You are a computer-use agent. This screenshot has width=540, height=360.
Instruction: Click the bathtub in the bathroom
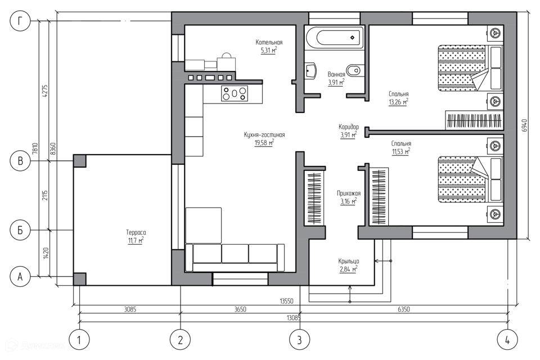point(334,38)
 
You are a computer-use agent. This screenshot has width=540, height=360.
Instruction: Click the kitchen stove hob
point(234,93)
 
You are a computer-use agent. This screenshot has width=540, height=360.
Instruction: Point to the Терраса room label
point(136,232)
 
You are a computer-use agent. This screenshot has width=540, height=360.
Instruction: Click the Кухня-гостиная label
point(264,135)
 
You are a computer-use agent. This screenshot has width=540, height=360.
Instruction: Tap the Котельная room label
point(269,42)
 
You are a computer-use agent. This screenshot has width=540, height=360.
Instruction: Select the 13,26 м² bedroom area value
point(398,102)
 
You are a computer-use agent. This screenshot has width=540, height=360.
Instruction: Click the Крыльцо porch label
point(349,261)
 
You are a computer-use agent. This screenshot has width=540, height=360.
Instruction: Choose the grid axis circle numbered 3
point(300,340)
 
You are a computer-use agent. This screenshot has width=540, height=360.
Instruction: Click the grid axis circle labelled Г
point(20,21)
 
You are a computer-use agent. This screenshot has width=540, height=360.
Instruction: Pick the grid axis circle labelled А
point(20,276)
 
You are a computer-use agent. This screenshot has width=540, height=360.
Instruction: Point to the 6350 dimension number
point(404,309)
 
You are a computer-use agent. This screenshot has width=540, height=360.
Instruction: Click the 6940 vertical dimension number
point(524,126)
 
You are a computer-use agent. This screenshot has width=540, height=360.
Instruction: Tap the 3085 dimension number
point(130,309)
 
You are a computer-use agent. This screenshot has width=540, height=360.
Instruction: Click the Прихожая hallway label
point(349,193)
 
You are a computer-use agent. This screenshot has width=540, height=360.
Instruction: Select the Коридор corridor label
point(349,127)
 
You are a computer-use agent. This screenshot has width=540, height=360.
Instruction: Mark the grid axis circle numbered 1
point(79,340)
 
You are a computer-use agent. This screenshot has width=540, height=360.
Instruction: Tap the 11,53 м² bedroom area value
point(400,151)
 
